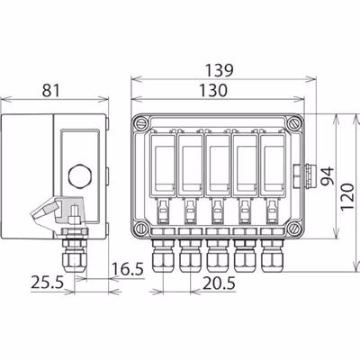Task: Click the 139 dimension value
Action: pos(219,71)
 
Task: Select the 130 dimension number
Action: pos(212,91)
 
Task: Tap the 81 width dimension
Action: pos(50,91)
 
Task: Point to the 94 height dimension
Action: pos(327,176)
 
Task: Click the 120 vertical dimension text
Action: pos(347,196)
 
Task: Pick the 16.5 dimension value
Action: pos(128,269)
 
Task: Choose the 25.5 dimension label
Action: pos(48,283)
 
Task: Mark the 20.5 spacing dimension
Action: pos(219,283)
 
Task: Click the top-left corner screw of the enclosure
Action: pos(141,124)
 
